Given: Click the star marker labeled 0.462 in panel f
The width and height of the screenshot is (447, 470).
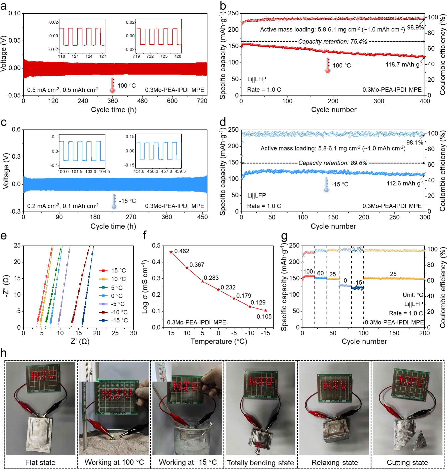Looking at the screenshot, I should point(171,252).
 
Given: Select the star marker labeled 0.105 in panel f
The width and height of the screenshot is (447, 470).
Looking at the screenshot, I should point(266,310).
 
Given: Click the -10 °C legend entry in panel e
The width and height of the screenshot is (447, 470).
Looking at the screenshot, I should point(114,312).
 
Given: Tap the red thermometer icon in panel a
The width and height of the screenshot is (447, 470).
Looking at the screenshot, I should point(113,86).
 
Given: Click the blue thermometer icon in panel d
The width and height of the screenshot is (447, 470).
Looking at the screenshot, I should point(327,185).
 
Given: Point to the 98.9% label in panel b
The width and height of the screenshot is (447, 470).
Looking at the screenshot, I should point(415,27).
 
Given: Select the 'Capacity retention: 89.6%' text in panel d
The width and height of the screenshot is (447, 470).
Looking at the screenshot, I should point(333,163).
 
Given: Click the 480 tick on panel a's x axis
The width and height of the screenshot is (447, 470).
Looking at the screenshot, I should point(142,101).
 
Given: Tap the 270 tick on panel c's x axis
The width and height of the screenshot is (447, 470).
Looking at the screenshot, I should point(131,217).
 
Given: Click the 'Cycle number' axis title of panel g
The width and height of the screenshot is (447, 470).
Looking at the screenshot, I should point(364,341).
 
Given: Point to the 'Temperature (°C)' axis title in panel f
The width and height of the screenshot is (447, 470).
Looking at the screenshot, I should point(219,341).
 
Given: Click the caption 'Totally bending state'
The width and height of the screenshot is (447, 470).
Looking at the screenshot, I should point(260,463).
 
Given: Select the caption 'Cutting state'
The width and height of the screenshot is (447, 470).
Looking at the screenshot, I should point(407,462).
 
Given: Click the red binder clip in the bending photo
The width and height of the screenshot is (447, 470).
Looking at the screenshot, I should point(258,446).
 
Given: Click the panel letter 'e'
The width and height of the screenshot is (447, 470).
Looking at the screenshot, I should point(4,236).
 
